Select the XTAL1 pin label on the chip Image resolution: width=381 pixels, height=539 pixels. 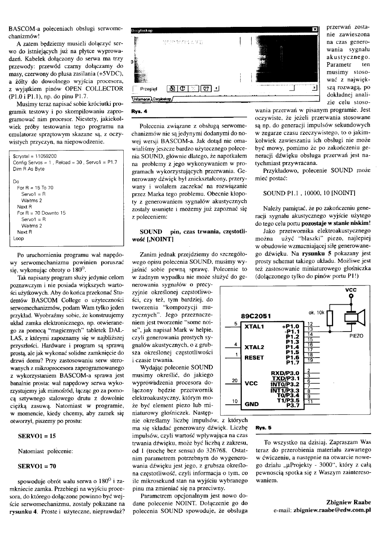[255, 326]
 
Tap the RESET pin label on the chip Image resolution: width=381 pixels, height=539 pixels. [255, 358]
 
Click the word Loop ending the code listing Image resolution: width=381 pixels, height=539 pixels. [19, 239]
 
